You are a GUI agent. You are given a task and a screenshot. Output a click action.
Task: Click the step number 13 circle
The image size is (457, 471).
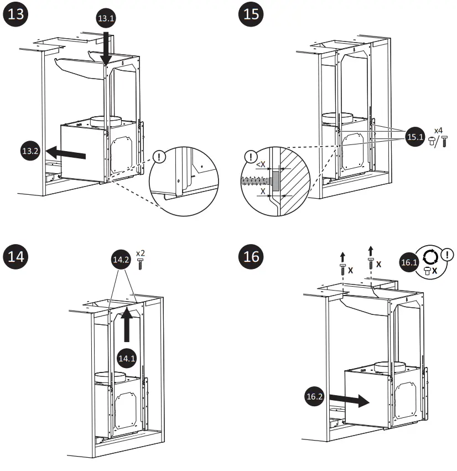[17, 14]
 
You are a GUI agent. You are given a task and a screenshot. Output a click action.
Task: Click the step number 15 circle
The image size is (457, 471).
[251, 14]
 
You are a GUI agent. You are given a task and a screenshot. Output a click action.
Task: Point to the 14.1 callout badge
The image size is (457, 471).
[127, 358]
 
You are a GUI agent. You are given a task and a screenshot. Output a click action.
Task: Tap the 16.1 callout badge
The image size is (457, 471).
[408, 263]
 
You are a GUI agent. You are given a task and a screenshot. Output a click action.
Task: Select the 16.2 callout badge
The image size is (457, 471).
[315, 396]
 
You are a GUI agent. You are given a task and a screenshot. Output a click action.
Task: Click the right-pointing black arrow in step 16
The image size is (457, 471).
[348, 401]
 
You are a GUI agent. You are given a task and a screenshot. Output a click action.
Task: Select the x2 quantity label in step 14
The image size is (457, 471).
[140, 253]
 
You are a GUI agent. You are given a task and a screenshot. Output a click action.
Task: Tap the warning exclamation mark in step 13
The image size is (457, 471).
[160, 157]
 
